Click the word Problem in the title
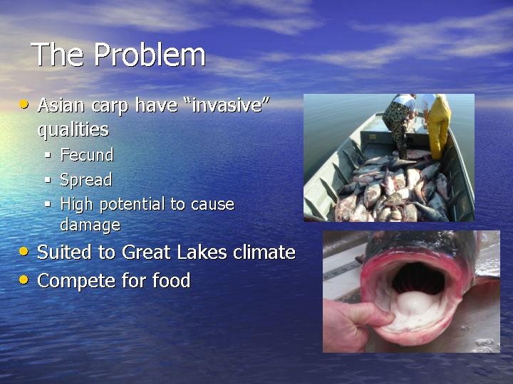(150, 55)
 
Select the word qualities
(73, 130)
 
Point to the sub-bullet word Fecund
(87, 155)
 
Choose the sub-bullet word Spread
(86, 180)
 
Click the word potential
(132, 205)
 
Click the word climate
(264, 252)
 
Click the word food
(172, 280)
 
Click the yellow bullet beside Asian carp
(24, 105)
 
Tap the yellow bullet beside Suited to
(24, 252)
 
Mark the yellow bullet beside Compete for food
(24, 280)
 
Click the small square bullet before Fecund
(48, 155)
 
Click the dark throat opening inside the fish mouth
(418, 277)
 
